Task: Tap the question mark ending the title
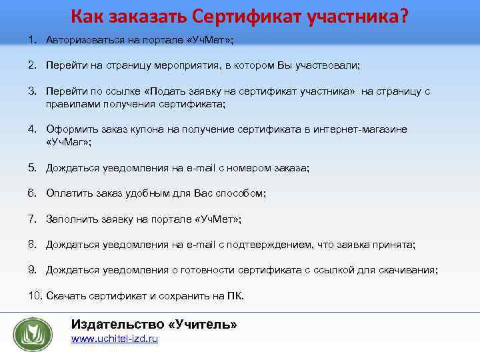click(403, 14)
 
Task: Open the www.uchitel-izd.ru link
click(114, 339)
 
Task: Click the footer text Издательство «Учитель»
click(154, 324)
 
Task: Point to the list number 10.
click(34, 295)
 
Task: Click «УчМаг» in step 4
click(68, 142)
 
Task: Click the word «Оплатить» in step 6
click(67, 193)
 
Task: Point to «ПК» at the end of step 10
click(234, 295)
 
